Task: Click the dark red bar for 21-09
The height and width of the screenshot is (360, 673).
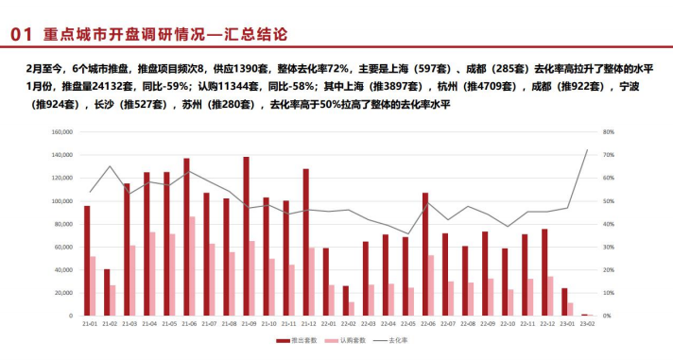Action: [246, 236]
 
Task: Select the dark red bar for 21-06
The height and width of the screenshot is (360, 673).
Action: [186, 237]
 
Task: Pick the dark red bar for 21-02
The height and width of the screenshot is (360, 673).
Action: [106, 292]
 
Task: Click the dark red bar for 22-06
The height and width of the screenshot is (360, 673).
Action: [424, 254]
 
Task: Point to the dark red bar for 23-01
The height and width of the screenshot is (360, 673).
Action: [564, 301]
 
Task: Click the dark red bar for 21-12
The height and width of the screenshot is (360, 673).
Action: [305, 242]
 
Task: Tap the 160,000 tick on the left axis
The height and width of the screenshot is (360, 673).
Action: [61, 132]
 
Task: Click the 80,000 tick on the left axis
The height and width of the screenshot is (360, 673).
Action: [63, 224]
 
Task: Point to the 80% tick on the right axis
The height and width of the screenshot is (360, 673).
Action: [610, 132]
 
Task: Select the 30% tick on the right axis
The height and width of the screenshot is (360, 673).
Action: [610, 247]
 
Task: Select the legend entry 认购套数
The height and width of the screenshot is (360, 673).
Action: [346, 340]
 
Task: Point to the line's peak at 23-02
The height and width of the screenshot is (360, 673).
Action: [587, 149]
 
